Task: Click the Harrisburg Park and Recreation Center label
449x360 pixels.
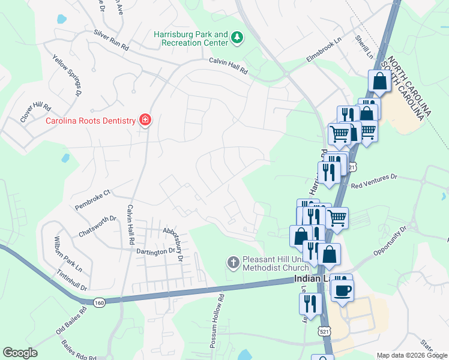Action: point(191,39)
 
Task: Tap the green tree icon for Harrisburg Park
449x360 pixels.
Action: point(238,38)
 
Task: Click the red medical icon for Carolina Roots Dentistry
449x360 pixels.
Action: point(145,120)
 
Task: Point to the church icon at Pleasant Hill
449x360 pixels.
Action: point(233,262)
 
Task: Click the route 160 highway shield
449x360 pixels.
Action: point(100,303)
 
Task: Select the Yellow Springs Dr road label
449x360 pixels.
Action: point(67,75)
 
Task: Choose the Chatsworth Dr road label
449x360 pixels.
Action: point(96,226)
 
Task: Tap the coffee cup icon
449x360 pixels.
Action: point(343,290)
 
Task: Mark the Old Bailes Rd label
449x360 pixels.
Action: point(71,320)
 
